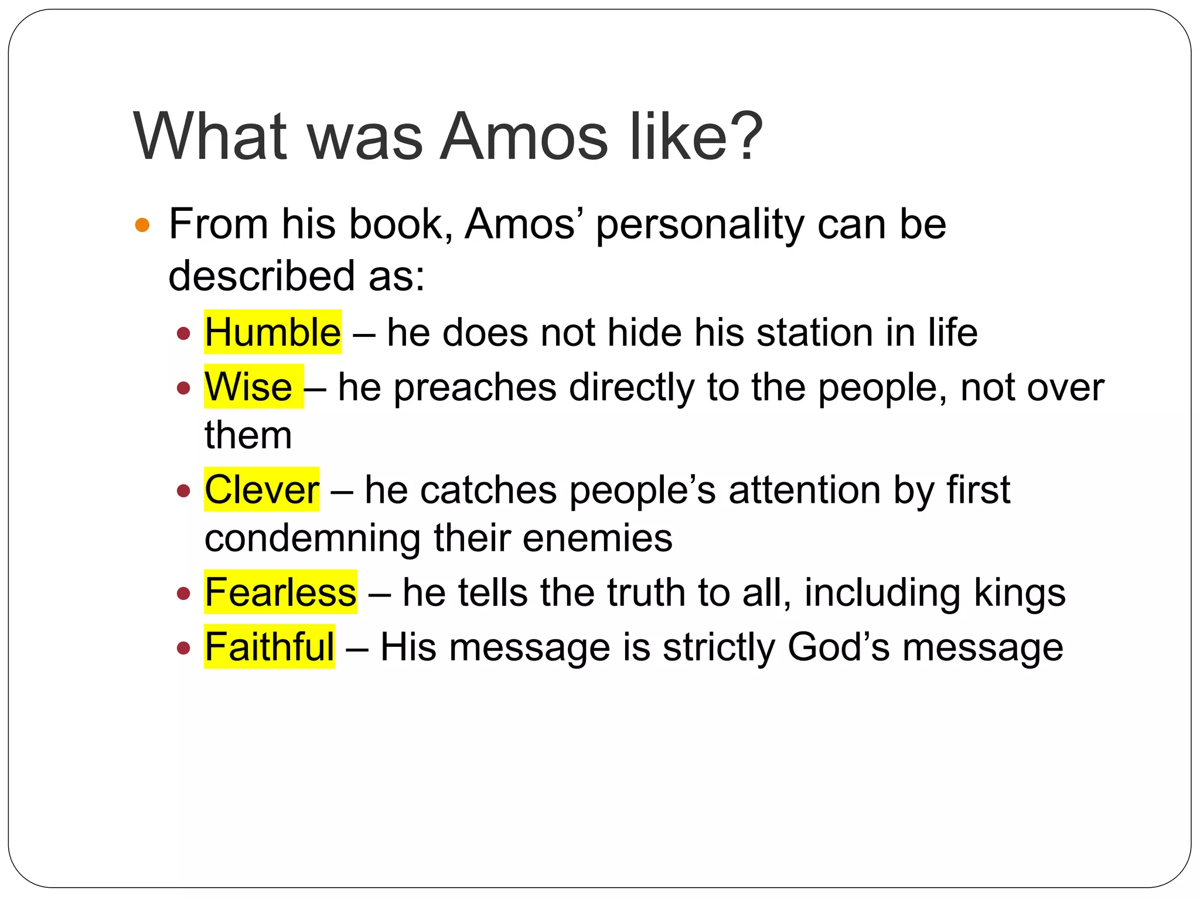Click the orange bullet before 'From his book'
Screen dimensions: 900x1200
pyautogui.click(x=142, y=225)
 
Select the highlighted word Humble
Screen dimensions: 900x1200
pyautogui.click(x=272, y=332)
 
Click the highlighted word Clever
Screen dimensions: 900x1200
pyautogui.click(x=261, y=489)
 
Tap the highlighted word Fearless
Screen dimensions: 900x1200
pyautogui.click(x=280, y=592)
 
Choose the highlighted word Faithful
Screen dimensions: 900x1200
pyautogui.click(x=269, y=647)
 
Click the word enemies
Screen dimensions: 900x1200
pyautogui.click(x=597, y=538)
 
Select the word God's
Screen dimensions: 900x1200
pyautogui.click(x=838, y=647)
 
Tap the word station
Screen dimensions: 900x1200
pyautogui.click(x=814, y=332)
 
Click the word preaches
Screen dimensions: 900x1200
pyautogui.click(x=475, y=388)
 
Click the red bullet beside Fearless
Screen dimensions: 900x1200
pyautogui.click(x=184, y=594)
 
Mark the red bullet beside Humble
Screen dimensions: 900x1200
pyautogui.click(x=184, y=333)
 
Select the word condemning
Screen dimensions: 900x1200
pyautogui.click(x=312, y=538)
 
